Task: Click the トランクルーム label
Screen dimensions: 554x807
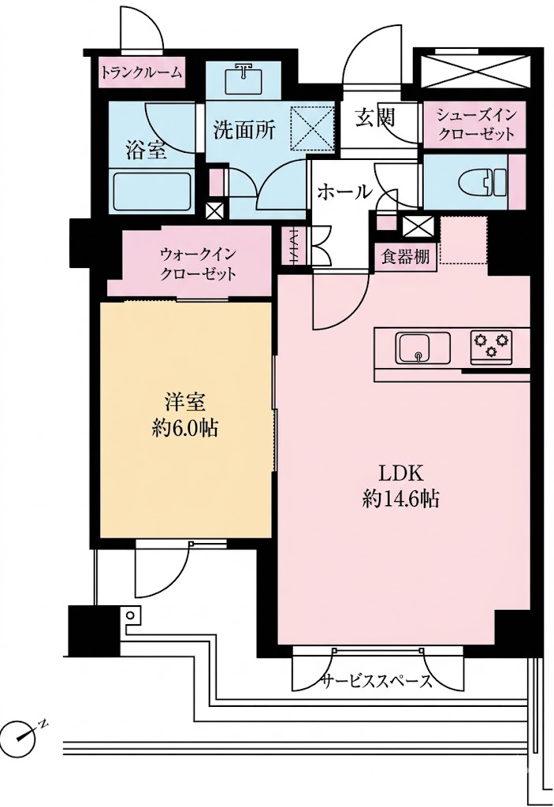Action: (x=141, y=72)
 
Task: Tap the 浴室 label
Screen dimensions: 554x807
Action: (x=146, y=150)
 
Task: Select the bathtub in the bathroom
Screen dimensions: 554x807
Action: (x=152, y=192)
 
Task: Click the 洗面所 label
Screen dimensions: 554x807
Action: (x=244, y=130)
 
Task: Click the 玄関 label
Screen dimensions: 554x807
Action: (x=374, y=117)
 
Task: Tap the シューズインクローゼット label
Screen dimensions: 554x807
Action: (x=475, y=125)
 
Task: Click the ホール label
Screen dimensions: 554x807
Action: (x=344, y=192)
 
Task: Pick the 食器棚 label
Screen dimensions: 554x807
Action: (x=405, y=257)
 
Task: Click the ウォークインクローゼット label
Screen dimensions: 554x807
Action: (x=199, y=263)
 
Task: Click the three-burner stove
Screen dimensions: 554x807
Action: (x=491, y=345)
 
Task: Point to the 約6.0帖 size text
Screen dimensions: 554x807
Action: (x=184, y=428)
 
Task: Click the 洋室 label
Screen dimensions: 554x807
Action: (x=185, y=402)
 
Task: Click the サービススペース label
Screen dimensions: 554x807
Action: (x=377, y=682)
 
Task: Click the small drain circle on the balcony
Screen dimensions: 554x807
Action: (x=131, y=615)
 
